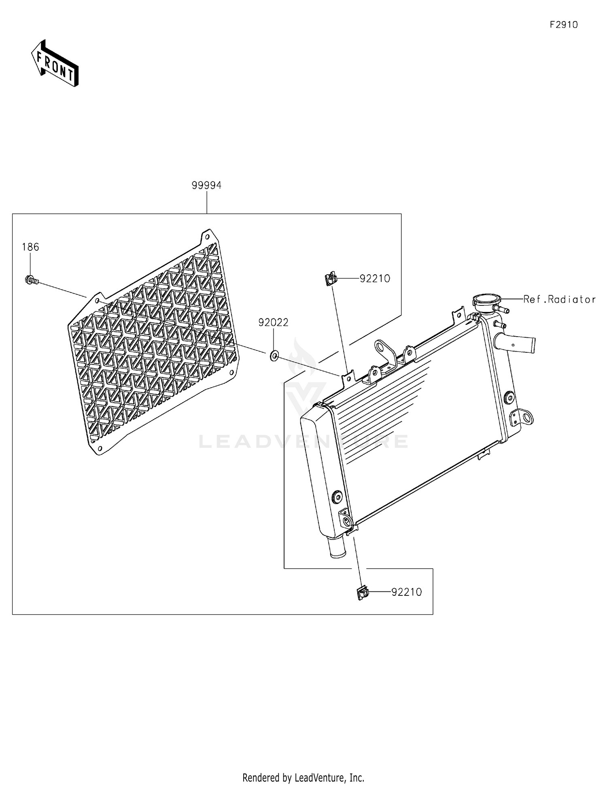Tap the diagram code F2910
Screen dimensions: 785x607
(563, 25)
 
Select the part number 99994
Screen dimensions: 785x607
(206, 186)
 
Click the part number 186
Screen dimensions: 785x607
(30, 247)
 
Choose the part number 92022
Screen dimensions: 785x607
(273, 322)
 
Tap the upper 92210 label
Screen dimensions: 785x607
(375, 279)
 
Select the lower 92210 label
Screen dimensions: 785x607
(406, 592)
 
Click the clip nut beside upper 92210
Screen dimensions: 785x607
(330, 279)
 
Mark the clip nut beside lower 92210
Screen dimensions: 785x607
(363, 593)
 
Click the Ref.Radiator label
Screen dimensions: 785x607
(559, 299)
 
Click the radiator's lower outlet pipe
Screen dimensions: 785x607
(337, 548)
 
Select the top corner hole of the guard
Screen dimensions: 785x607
(207, 236)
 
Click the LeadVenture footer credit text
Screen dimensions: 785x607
(303, 778)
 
